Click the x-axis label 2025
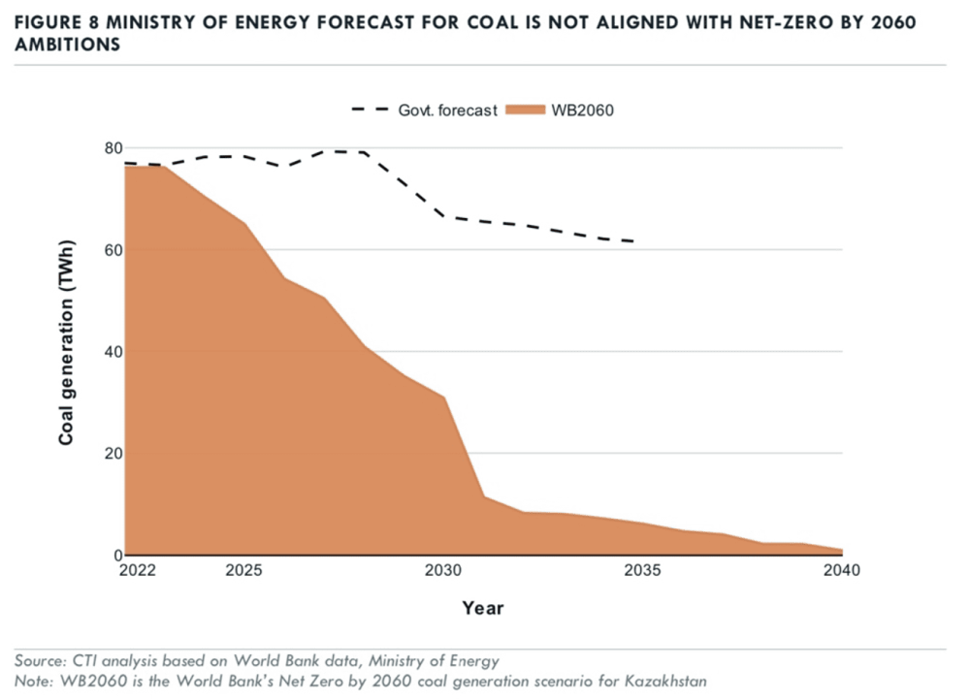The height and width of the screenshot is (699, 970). (243, 571)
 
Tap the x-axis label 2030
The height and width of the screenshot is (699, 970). (443, 571)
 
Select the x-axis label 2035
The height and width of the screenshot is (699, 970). (643, 571)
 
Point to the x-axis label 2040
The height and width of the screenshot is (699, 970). (842, 571)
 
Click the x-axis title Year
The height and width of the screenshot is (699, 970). (482, 608)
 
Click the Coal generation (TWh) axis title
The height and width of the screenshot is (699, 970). (67, 351)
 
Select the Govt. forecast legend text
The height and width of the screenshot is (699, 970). (447, 110)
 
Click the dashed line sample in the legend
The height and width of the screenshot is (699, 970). (371, 110)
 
